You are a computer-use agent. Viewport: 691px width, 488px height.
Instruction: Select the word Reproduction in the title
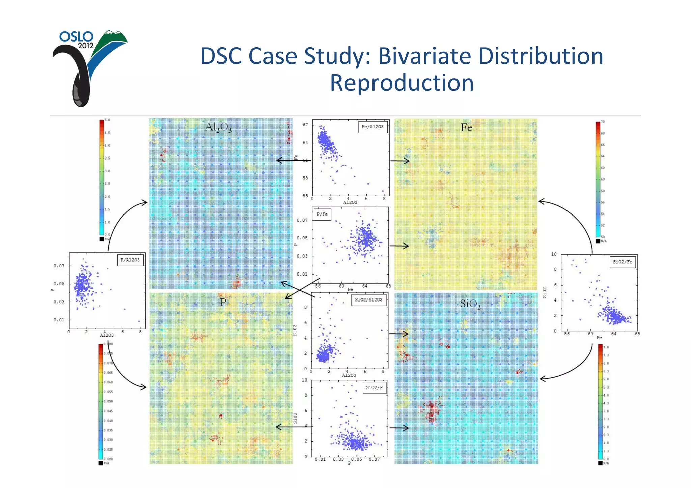pyautogui.click(x=402, y=83)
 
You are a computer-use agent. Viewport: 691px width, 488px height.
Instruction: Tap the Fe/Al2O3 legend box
pyautogui.click(x=372, y=127)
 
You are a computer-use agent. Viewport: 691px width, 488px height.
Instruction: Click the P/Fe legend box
pyautogui.click(x=322, y=214)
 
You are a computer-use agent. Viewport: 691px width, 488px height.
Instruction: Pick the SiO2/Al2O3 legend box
pyautogui.click(x=369, y=300)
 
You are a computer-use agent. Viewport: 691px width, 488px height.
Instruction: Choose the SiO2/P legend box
pyautogui.click(x=374, y=387)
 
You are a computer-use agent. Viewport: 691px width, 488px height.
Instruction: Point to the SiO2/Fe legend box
pyautogui.click(x=623, y=262)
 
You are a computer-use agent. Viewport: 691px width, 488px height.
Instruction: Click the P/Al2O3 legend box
pyautogui.click(x=130, y=260)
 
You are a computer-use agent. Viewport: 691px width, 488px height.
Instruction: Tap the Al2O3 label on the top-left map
pyautogui.click(x=218, y=127)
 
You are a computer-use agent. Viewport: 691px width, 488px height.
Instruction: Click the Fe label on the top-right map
pyautogui.click(x=466, y=127)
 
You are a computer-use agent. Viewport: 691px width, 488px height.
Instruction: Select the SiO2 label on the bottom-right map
pyautogui.click(x=470, y=304)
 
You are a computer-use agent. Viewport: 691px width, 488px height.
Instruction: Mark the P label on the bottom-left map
pyautogui.click(x=223, y=302)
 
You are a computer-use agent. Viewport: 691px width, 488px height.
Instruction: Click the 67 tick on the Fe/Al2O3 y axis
pyautogui.click(x=305, y=125)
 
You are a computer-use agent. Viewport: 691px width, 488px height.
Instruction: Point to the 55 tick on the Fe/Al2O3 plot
pyautogui.click(x=305, y=196)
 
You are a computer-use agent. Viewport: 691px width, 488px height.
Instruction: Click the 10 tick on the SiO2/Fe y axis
pyautogui.click(x=554, y=254)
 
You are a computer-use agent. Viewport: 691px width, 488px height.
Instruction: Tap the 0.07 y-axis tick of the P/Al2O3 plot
pyautogui.click(x=59, y=266)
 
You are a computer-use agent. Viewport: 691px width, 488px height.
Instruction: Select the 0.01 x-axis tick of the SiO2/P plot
pyautogui.click(x=320, y=459)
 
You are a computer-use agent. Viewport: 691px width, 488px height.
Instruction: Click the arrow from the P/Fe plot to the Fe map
pyautogui.click(x=399, y=246)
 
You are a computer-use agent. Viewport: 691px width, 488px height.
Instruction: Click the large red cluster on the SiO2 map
pyautogui.click(x=432, y=410)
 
